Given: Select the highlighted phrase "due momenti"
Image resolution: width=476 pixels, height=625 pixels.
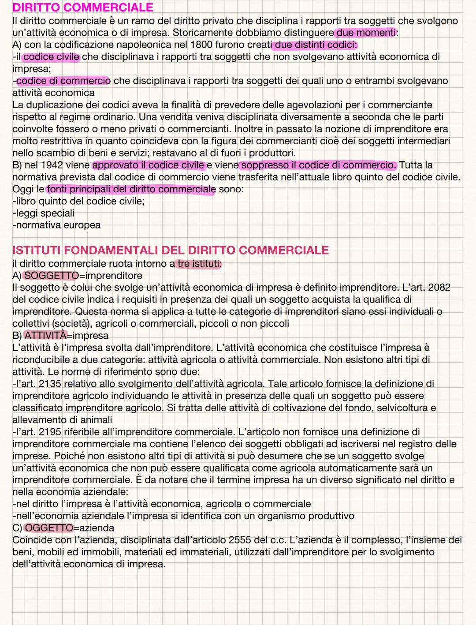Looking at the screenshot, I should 366,33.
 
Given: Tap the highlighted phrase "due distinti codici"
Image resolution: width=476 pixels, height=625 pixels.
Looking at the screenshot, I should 316,45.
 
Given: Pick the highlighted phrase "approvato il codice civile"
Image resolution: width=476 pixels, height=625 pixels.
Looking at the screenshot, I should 149,165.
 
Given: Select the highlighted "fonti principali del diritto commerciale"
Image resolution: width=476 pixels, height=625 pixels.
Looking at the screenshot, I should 131,189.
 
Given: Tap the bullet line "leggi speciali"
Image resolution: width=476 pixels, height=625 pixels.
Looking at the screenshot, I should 44,213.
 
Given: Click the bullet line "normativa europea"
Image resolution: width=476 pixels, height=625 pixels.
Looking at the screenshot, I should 57,225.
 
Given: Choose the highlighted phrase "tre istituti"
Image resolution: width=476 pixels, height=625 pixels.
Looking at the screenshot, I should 199,264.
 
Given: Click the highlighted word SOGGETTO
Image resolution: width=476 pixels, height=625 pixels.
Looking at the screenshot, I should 51,276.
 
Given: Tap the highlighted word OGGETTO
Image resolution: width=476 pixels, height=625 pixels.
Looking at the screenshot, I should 49,528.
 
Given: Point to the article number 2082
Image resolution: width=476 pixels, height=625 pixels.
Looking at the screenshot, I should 439,288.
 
